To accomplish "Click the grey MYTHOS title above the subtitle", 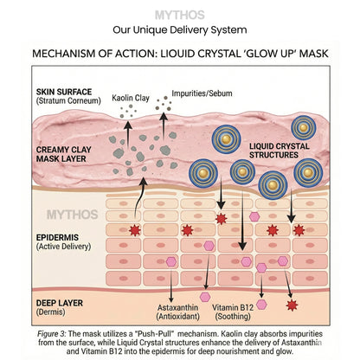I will (x=179, y=15).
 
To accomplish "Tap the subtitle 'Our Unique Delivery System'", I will (x=179, y=29).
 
